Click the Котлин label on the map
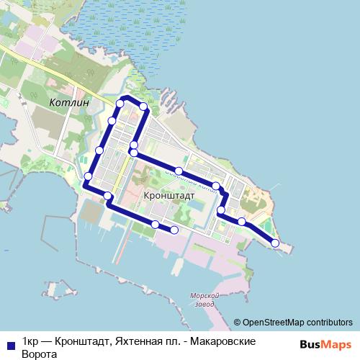click(71, 103)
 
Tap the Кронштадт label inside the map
click(169, 195)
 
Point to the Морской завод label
click(204, 300)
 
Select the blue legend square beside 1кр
click(9, 344)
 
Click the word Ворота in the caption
click(39, 354)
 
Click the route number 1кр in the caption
click(30, 341)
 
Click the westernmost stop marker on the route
click(88, 176)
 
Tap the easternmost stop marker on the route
click(274, 243)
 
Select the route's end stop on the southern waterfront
click(174, 230)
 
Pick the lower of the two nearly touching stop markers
click(134, 153)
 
